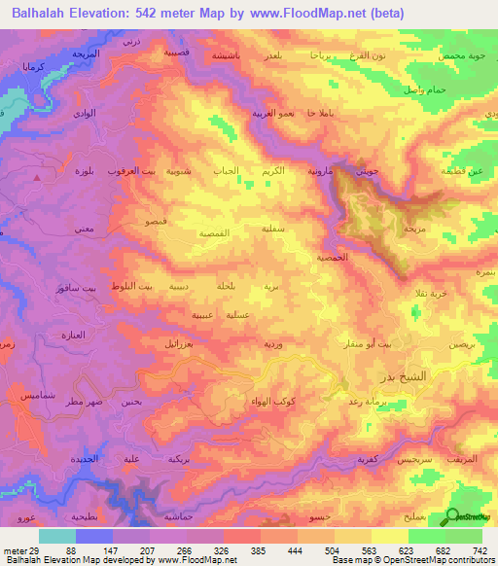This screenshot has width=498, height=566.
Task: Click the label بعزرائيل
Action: [177, 345]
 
